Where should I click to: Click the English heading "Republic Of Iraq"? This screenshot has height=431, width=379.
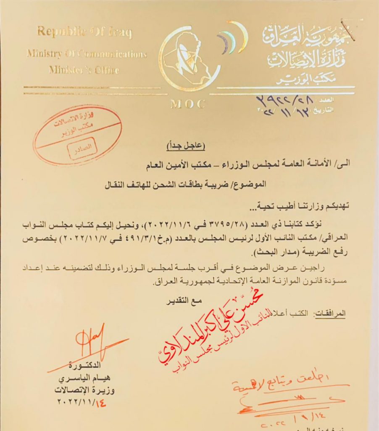[84, 32]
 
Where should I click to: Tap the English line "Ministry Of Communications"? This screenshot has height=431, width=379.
[87, 54]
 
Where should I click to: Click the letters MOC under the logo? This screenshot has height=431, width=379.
[187, 104]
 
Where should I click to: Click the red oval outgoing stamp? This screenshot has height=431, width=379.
[78, 134]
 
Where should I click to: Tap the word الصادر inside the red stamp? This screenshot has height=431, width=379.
[83, 147]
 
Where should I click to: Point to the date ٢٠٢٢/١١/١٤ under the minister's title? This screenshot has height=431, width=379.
[84, 401]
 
